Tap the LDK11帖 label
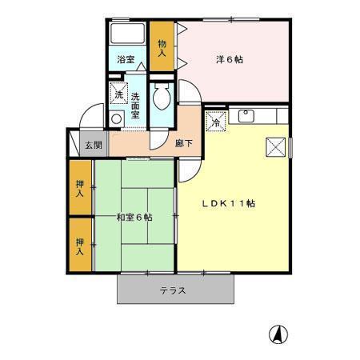coord(227,203)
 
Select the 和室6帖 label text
coord(134,217)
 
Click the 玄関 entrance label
coord(94,146)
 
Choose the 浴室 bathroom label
coord(126,59)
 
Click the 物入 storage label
coord(162,48)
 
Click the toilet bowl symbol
coord(161,98)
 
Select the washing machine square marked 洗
coord(118,92)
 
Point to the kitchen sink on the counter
coord(246,117)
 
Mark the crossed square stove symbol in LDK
coord(276,147)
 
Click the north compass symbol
coord(277,334)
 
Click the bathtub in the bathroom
coord(125,34)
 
